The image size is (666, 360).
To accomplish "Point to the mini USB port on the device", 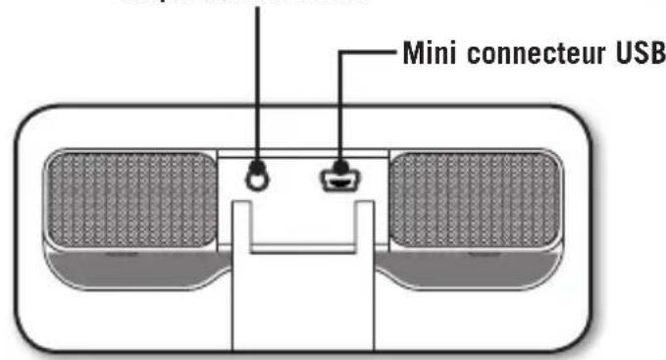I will [x=336, y=180].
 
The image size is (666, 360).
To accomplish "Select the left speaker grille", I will [x=130, y=199].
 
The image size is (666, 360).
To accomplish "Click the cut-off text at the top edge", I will [x=245, y=3].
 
